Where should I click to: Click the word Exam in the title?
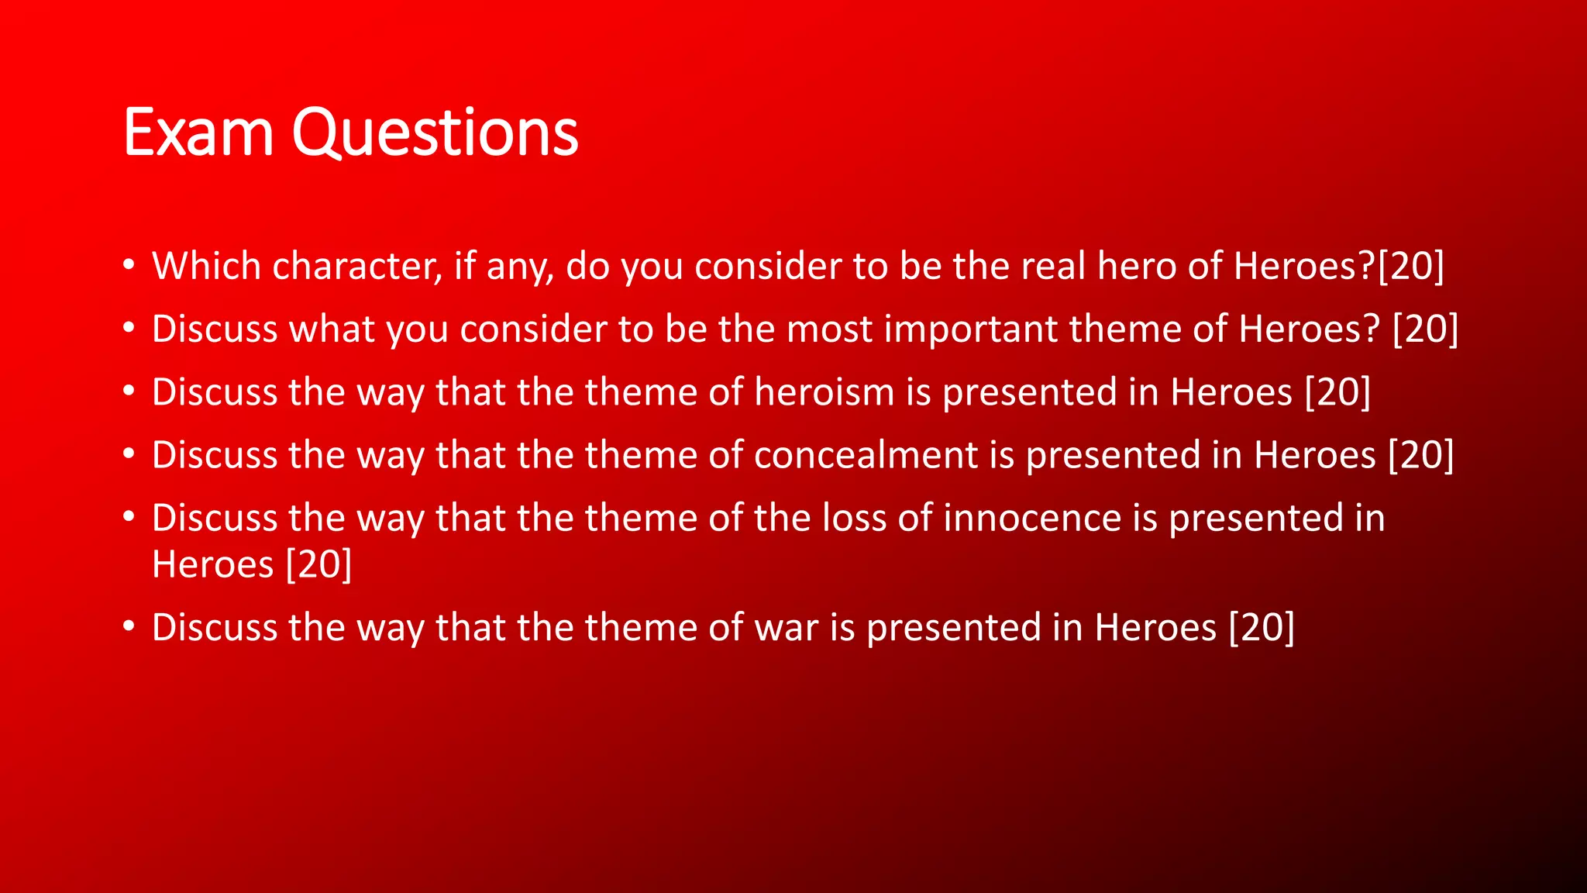(198, 133)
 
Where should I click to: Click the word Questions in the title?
(435, 133)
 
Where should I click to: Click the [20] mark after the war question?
(1262, 627)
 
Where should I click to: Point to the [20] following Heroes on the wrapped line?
(318, 564)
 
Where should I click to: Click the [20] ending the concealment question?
(1420, 454)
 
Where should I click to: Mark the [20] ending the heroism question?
(1337, 391)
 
